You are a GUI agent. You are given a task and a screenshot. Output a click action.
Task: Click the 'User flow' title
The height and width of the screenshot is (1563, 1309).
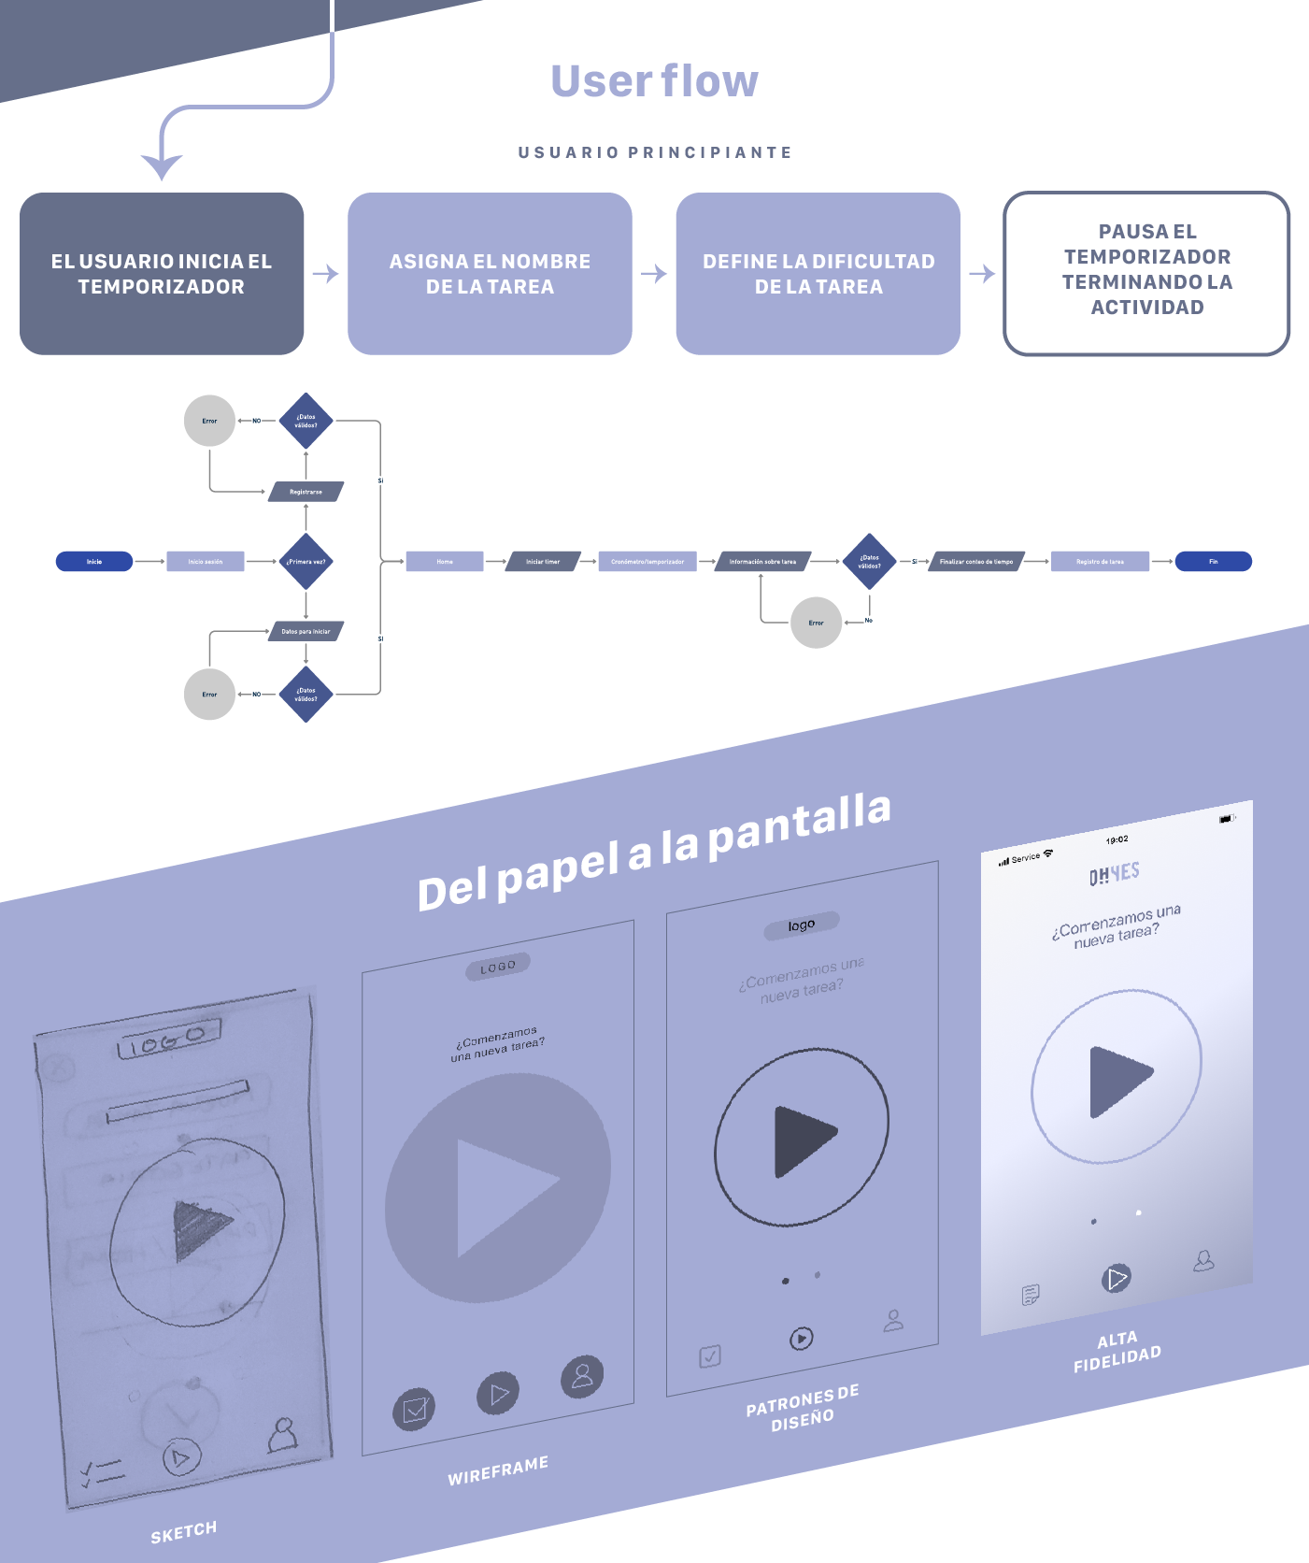[x=654, y=81]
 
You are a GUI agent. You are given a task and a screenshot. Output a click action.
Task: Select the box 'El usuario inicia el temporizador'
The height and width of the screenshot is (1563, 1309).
[x=162, y=274]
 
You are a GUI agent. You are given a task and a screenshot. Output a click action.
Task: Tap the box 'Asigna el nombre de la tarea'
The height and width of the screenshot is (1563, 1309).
[x=490, y=274]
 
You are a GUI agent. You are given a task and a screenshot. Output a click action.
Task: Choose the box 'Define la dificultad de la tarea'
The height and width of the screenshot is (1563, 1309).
[x=818, y=274]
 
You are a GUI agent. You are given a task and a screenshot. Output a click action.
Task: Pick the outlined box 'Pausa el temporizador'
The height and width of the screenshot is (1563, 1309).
[x=1146, y=274]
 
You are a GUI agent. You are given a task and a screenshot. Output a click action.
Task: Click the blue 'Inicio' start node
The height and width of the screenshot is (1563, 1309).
[x=94, y=562]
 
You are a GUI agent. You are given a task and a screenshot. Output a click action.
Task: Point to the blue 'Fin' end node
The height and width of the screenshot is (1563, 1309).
[x=1213, y=562]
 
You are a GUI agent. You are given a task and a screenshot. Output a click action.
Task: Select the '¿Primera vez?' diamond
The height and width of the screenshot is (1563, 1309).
[x=306, y=562]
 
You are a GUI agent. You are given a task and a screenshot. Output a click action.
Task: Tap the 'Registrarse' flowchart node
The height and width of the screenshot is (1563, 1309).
[x=306, y=492]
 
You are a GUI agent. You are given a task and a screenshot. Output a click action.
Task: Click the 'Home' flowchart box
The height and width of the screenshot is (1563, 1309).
[x=445, y=562]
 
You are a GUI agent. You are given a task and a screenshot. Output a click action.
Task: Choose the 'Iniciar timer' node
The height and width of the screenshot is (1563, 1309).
[x=542, y=562]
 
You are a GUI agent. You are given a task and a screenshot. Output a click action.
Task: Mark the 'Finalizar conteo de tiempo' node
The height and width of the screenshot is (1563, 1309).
[x=975, y=562]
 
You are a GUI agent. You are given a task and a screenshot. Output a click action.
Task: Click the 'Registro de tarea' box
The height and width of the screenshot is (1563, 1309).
[x=1100, y=562]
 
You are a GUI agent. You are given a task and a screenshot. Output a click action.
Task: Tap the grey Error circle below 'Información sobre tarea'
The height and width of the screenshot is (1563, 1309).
[x=816, y=623]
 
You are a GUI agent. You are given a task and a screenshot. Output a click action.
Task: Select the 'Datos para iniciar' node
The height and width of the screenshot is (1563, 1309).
[x=306, y=632]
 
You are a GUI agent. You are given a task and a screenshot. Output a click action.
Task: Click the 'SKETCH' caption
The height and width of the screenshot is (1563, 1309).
[x=184, y=1532]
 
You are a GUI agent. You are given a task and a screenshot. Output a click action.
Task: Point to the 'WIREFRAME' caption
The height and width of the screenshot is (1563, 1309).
[x=498, y=1470]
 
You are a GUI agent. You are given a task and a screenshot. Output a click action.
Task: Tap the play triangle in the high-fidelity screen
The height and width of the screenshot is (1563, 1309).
[x=1118, y=1081]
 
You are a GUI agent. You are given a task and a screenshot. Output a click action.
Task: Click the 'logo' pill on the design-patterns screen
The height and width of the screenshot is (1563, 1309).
[x=801, y=925]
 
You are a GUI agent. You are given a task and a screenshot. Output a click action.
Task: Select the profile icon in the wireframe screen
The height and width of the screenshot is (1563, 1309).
[x=582, y=1376]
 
